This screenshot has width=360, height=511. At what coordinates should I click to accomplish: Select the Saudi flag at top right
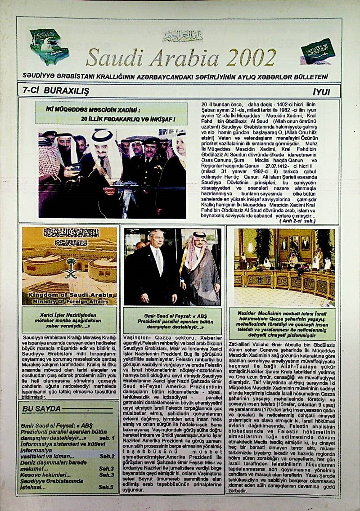click(x=318, y=50)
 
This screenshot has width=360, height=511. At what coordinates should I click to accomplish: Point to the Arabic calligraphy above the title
click(x=182, y=36)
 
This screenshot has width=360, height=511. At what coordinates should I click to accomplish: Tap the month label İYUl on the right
click(x=321, y=92)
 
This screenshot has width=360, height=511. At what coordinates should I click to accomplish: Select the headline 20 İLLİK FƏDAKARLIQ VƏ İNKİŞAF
click(x=128, y=119)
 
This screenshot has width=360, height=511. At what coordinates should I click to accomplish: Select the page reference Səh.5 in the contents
click(x=106, y=487)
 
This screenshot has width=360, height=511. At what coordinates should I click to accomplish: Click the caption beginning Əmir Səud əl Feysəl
click(x=172, y=320)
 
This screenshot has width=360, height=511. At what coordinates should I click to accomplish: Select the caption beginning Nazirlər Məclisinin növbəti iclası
click(x=283, y=324)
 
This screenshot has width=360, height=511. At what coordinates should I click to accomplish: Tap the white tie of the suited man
click(x=158, y=261)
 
